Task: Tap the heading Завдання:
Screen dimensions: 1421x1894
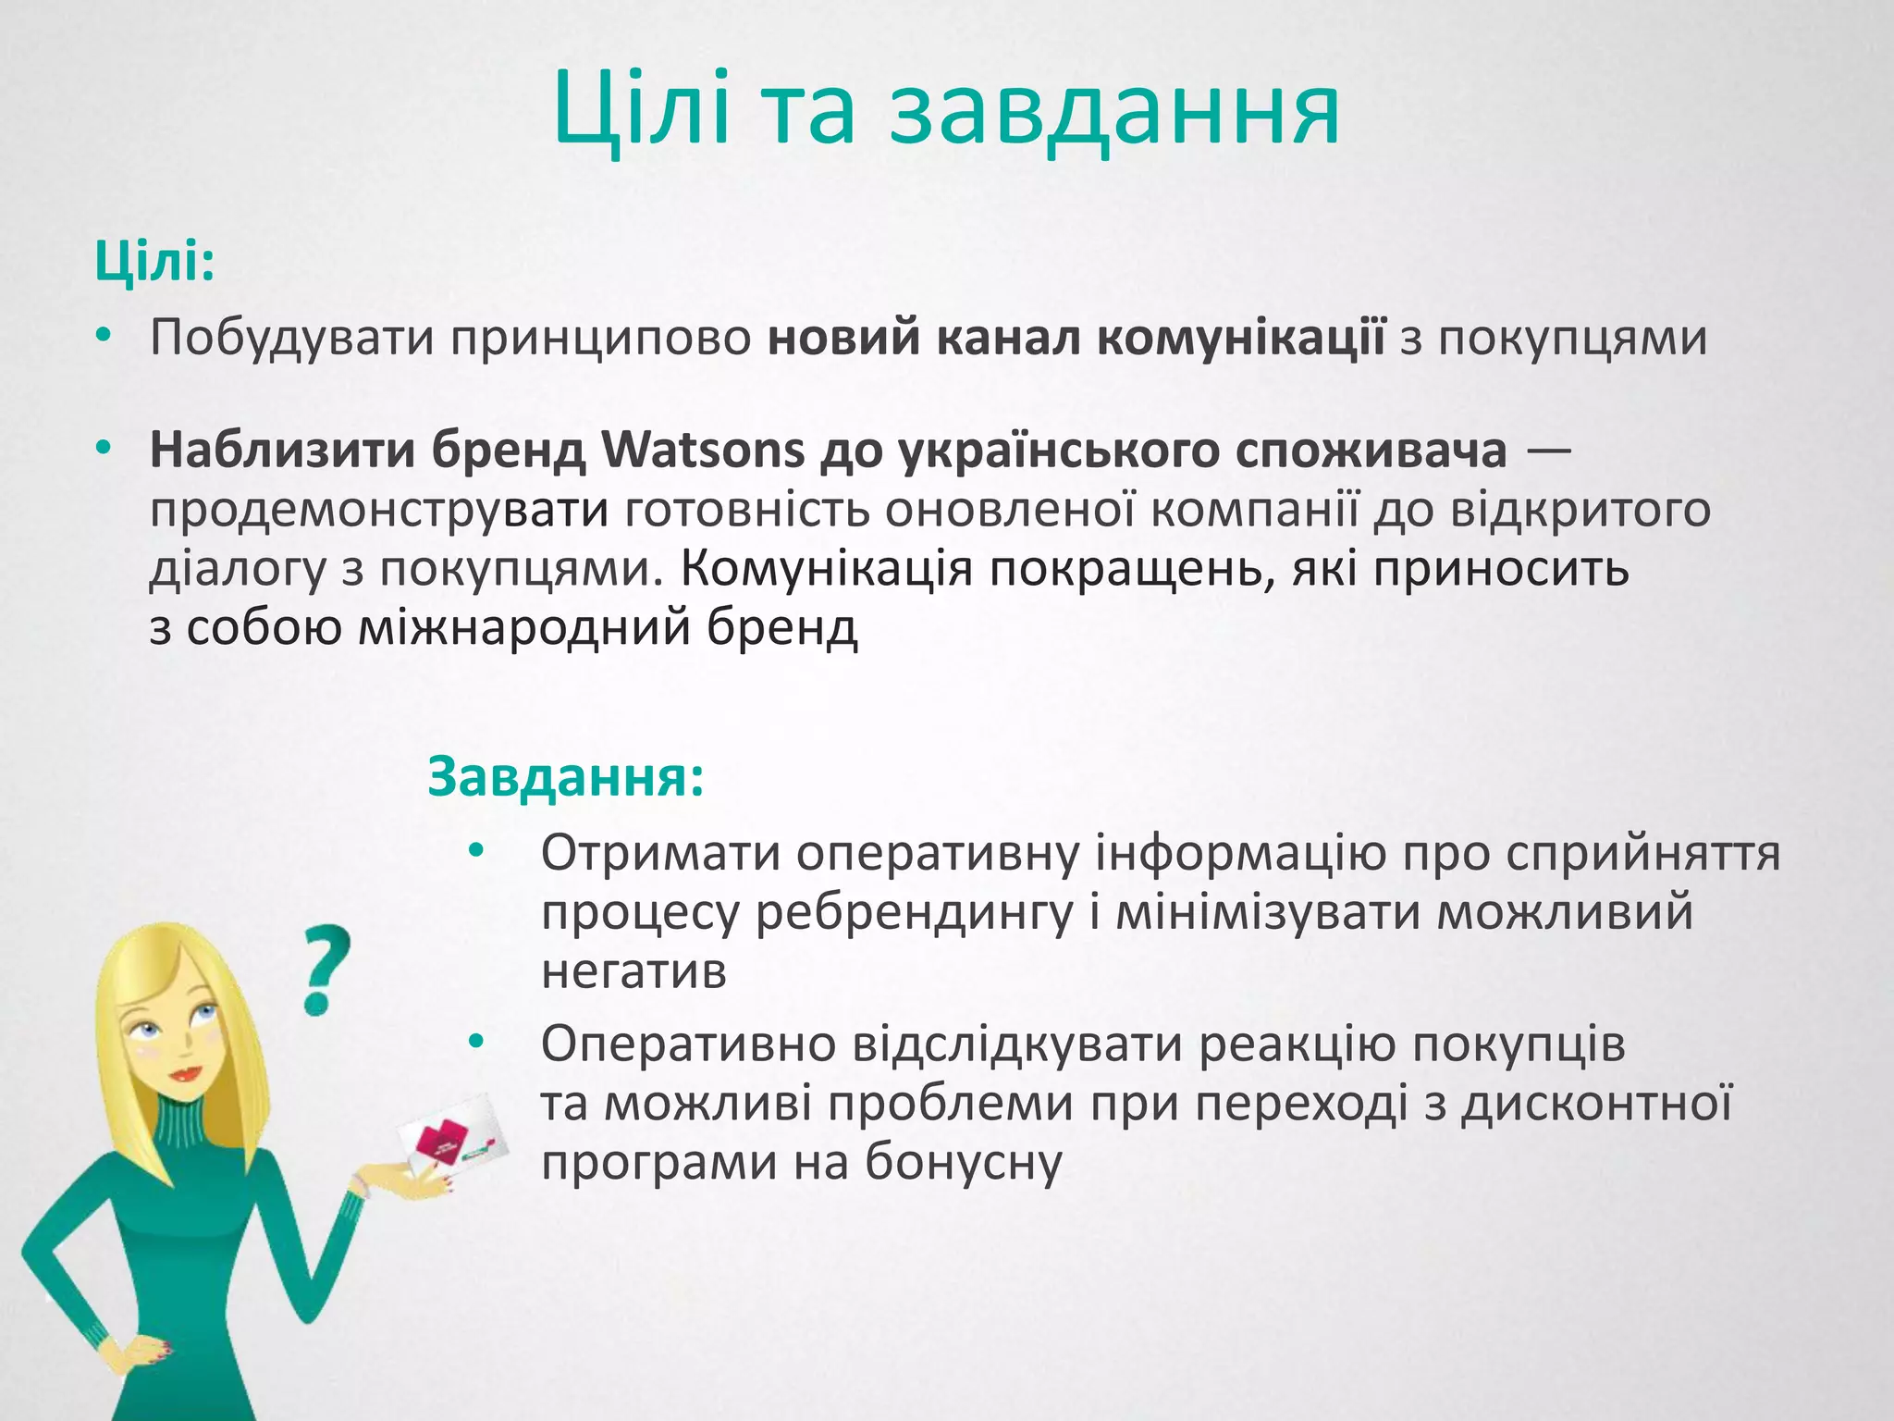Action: click(565, 777)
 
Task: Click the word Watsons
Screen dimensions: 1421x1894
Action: click(703, 451)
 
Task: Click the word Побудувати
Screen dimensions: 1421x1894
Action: click(292, 338)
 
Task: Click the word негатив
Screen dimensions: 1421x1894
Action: click(633, 971)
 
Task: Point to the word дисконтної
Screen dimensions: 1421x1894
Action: click(1596, 1104)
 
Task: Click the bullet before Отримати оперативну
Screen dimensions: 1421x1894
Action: click(476, 851)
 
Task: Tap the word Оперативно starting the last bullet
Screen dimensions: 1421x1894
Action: click(688, 1044)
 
